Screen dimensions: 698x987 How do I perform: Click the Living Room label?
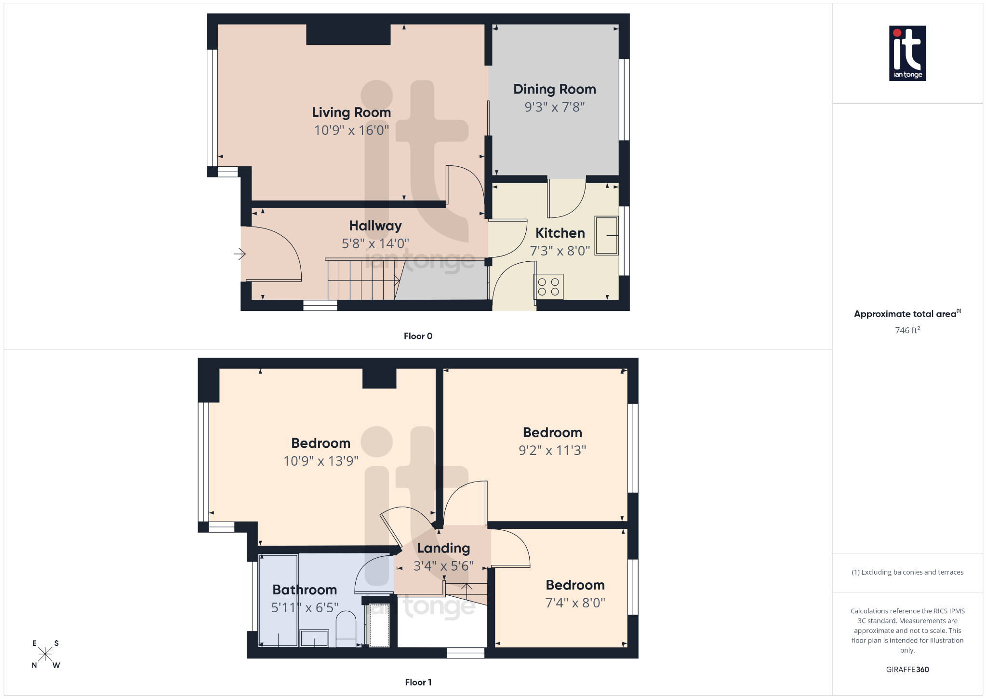(351, 112)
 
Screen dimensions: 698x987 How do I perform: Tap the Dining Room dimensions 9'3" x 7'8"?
(555, 107)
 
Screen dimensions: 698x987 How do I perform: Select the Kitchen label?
(560, 233)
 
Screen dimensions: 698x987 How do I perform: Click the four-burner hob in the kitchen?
(548, 287)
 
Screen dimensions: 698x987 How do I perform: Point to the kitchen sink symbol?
(606, 235)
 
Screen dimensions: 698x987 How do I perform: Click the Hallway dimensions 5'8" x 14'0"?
(375, 244)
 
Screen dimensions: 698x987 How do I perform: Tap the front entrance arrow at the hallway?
(240, 254)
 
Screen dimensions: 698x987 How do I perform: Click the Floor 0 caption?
(418, 336)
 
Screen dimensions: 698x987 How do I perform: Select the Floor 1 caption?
(418, 682)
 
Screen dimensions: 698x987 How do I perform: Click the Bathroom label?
(305, 590)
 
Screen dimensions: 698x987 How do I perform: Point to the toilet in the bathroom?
(346, 627)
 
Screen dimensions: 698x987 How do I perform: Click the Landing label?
(443, 549)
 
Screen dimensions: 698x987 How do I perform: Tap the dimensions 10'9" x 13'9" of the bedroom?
(321, 461)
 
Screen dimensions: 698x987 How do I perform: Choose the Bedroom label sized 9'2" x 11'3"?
(552, 433)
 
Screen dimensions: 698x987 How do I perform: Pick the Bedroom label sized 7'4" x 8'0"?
(575, 585)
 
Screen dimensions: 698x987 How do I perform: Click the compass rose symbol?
(45, 654)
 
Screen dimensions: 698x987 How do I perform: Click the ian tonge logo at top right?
(907, 53)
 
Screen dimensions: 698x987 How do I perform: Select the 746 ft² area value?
(907, 330)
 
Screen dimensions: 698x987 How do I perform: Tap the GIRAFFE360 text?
(907, 670)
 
